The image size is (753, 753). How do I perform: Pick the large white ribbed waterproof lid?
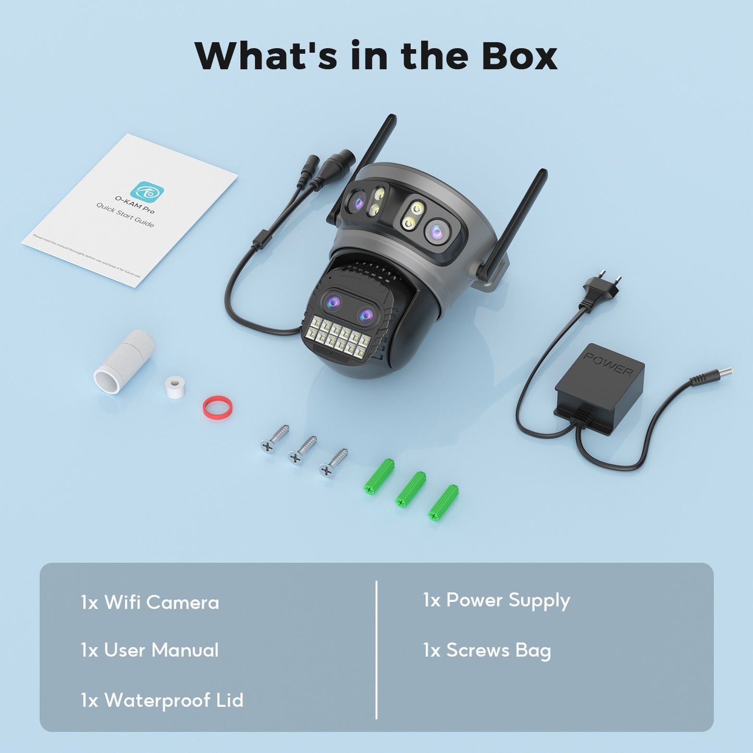tap(124, 361)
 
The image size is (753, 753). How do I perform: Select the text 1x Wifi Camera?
tap(150, 602)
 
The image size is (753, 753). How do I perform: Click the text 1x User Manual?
tap(150, 650)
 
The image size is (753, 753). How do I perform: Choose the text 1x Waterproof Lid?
tap(162, 700)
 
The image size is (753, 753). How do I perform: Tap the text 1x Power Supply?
tap(496, 600)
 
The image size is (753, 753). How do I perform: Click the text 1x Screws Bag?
tap(487, 650)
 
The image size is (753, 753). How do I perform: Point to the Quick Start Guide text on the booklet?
tap(125, 215)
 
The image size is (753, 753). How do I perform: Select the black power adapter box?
tap(599, 388)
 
